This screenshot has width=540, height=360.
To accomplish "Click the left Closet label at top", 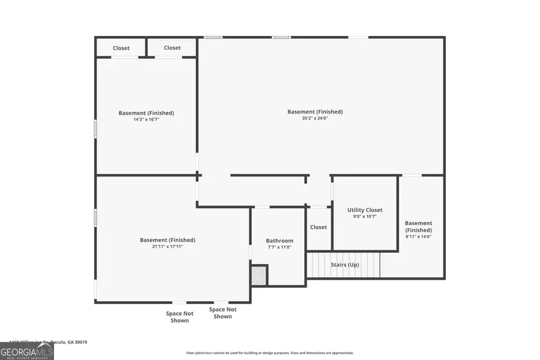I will (121, 48).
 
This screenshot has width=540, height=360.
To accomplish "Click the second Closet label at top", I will (172, 48).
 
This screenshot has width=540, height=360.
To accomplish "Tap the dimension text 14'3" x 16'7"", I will (146, 119).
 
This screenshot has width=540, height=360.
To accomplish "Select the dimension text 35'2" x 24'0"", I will (315, 118).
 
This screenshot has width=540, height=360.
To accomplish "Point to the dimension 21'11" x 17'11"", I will (167, 247).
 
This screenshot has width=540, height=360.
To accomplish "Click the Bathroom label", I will (280, 241).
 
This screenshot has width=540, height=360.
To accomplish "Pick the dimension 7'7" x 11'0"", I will (280, 247).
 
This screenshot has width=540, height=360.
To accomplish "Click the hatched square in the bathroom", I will (259, 275).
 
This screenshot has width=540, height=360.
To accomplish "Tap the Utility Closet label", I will (365, 210).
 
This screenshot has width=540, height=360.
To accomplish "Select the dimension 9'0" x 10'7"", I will (365, 217).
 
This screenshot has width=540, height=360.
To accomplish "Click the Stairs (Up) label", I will (345, 265).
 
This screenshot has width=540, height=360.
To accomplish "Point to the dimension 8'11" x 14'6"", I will (418, 236).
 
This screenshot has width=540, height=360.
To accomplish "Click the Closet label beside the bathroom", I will (319, 227).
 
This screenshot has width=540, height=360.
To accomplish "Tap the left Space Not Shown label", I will (179, 317).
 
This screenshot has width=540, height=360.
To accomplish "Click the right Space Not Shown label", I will (223, 313).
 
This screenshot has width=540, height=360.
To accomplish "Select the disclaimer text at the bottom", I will (269, 353).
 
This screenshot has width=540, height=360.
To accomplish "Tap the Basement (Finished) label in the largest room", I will (315, 112).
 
